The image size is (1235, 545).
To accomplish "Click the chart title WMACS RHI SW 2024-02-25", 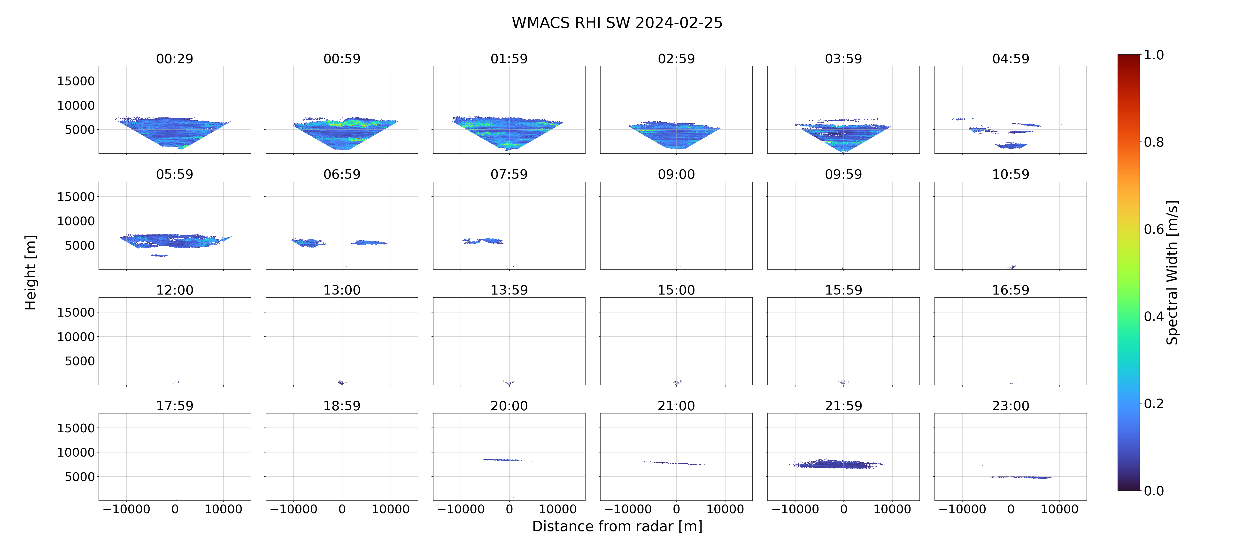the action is coord(617,23).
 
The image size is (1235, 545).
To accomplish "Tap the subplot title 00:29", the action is coord(175,59).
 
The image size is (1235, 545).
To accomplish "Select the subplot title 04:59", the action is coord(1011,59).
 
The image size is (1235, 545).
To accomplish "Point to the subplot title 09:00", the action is coord(676,174).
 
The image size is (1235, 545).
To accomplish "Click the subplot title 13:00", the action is coord(342,290).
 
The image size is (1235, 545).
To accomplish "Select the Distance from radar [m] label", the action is coord(617,526).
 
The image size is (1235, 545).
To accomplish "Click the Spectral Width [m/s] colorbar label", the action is coord(1172,272).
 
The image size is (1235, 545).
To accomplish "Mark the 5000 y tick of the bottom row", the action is coord(80,476).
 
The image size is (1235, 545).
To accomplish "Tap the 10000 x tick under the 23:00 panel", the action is coord(1059,509).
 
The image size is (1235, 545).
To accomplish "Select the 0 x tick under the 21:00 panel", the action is coord(677,509).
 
